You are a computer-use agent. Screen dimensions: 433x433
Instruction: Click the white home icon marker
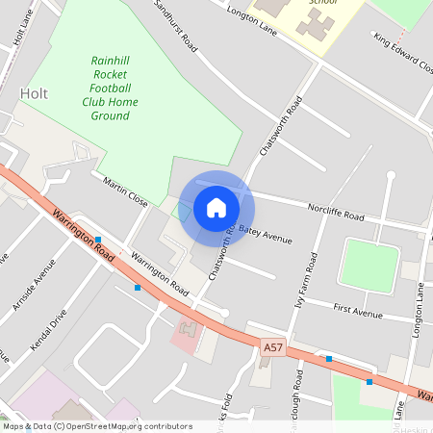click(x=216, y=208)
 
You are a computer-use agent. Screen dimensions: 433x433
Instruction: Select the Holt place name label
click(x=34, y=93)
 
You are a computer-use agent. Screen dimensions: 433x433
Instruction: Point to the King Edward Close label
click(x=403, y=54)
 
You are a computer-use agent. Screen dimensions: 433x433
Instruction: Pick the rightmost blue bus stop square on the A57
click(x=369, y=381)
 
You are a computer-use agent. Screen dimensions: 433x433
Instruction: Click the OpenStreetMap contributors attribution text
click(x=96, y=425)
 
